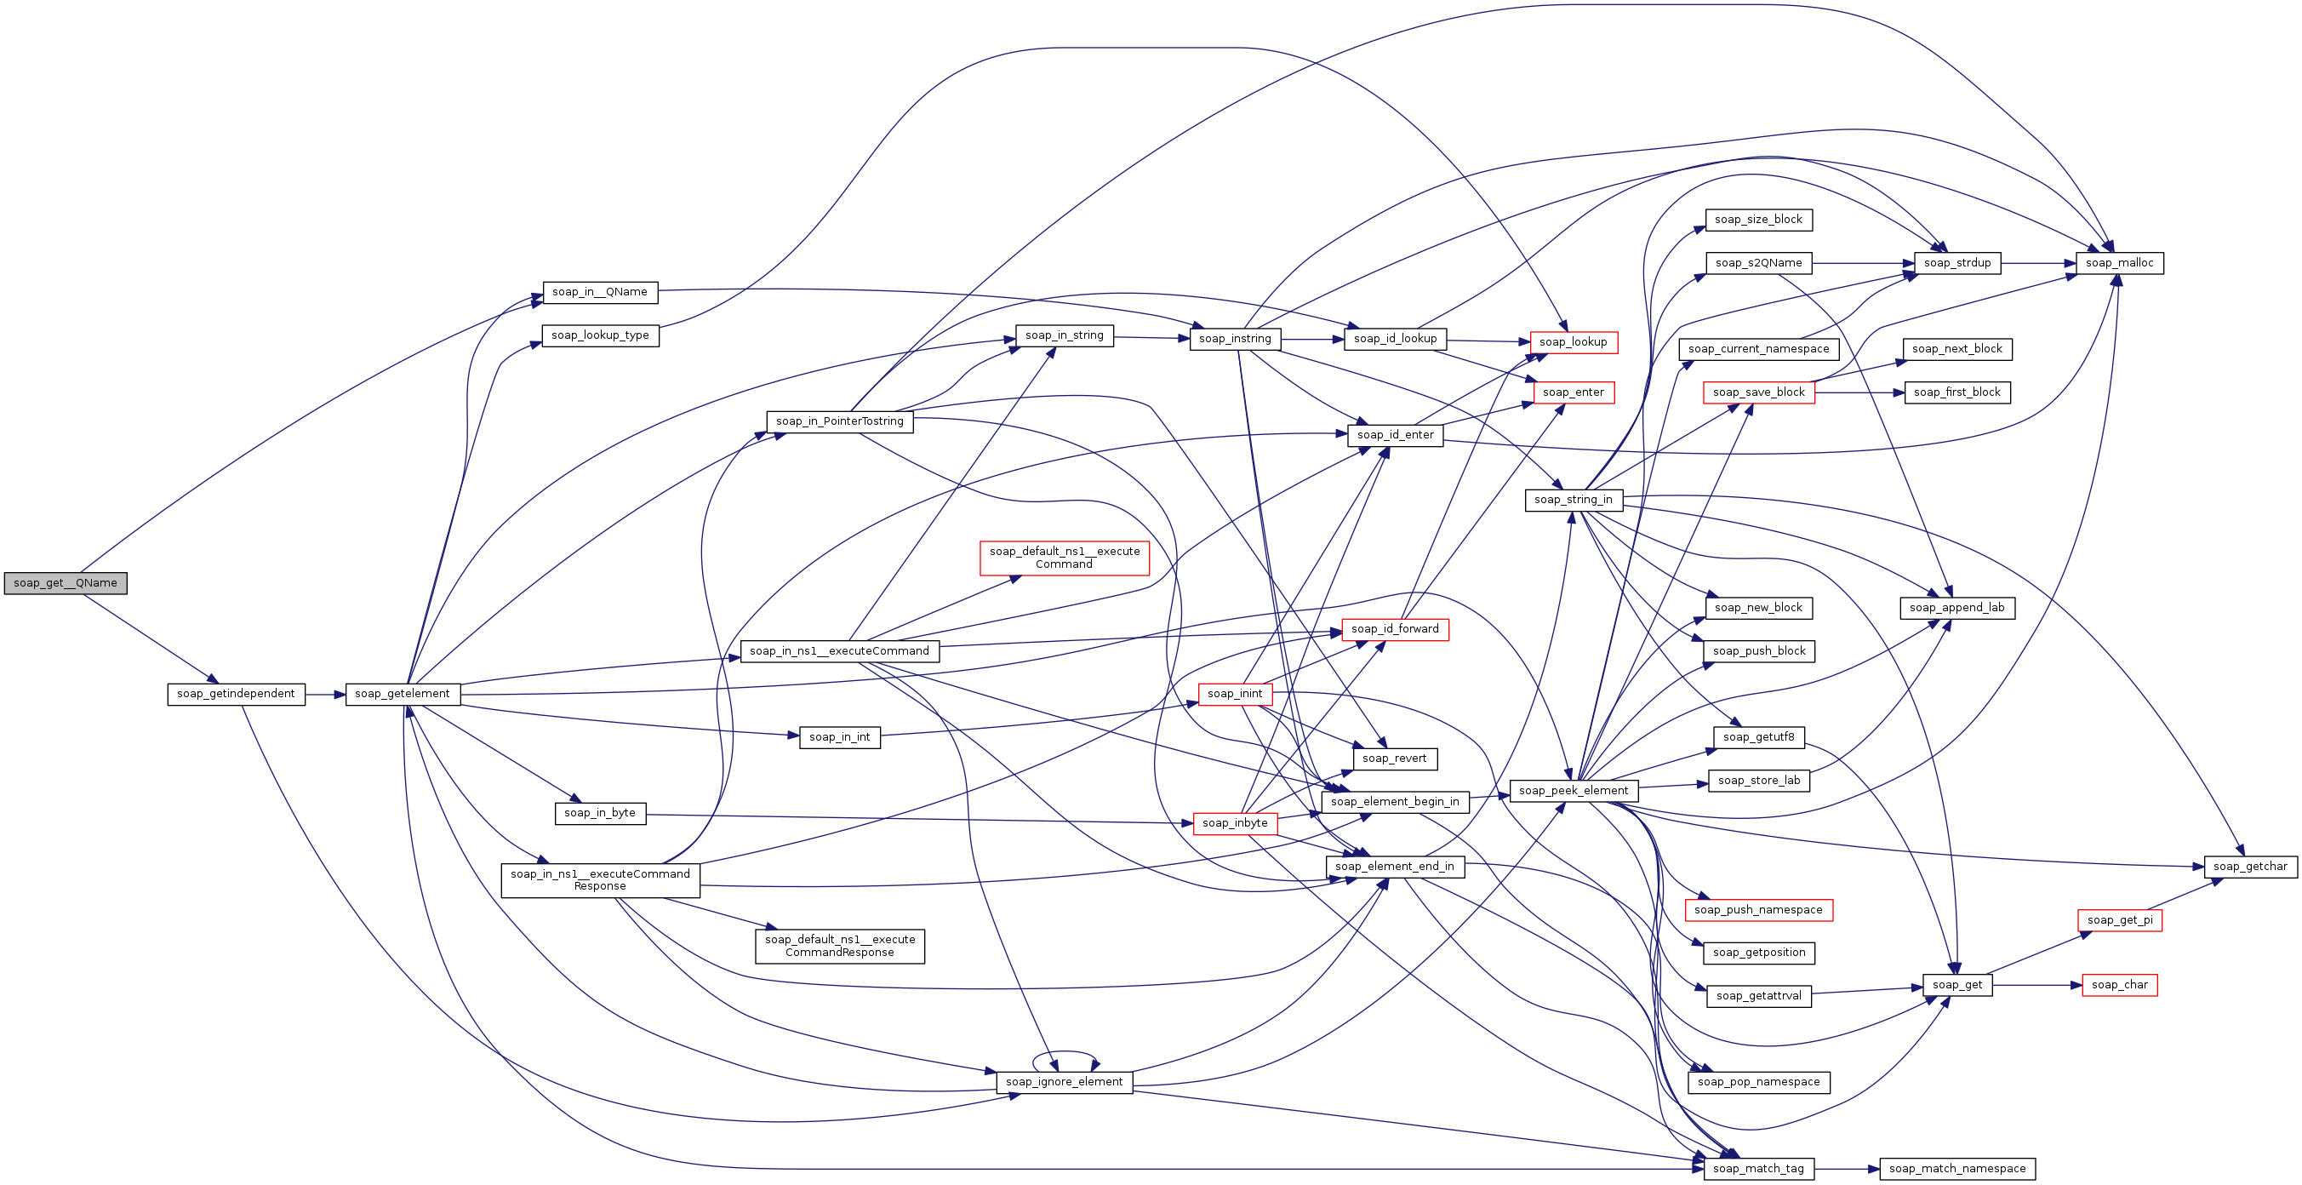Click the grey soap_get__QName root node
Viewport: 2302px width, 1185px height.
point(66,582)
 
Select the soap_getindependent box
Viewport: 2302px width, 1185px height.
point(236,694)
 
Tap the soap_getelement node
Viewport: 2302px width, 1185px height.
point(403,694)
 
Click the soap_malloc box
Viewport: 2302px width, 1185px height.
point(2119,263)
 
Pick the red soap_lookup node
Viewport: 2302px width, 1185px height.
point(1573,342)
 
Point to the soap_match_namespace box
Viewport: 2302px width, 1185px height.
point(1957,1168)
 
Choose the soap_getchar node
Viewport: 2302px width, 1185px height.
point(2250,866)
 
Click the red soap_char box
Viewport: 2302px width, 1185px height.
point(2119,985)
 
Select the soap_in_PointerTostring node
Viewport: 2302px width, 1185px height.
point(840,421)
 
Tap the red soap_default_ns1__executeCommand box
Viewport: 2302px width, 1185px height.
point(1065,558)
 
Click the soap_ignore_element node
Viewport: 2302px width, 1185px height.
point(1065,1081)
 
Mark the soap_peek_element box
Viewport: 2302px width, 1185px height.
point(1574,790)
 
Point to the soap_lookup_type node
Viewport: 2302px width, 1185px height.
point(601,335)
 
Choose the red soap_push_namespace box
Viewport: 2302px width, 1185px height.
point(1758,910)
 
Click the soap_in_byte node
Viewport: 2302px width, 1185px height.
point(601,813)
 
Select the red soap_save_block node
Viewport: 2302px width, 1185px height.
point(1759,392)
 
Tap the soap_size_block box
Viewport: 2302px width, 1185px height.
point(1759,220)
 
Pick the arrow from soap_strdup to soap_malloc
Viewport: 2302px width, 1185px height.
point(2038,264)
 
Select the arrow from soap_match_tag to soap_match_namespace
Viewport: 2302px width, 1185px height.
point(1848,1169)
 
